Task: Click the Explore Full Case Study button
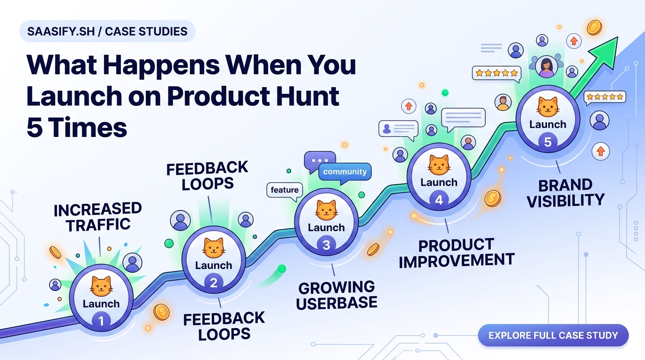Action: (x=553, y=336)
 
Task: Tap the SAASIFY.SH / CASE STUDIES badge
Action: (x=107, y=32)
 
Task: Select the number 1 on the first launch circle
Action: (x=101, y=320)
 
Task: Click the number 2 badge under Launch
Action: (x=214, y=282)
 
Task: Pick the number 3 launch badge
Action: (x=326, y=244)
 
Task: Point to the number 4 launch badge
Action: (x=439, y=199)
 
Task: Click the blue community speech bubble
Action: (x=345, y=172)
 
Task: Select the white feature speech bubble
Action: (x=285, y=190)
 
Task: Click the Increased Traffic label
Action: (x=97, y=217)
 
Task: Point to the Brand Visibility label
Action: (x=565, y=193)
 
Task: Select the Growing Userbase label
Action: (x=337, y=295)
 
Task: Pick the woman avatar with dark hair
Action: (x=547, y=67)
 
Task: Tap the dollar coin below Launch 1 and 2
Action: (x=161, y=312)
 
